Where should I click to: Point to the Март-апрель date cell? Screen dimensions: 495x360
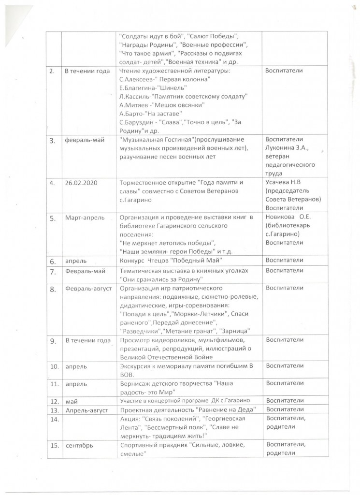(84, 218)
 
